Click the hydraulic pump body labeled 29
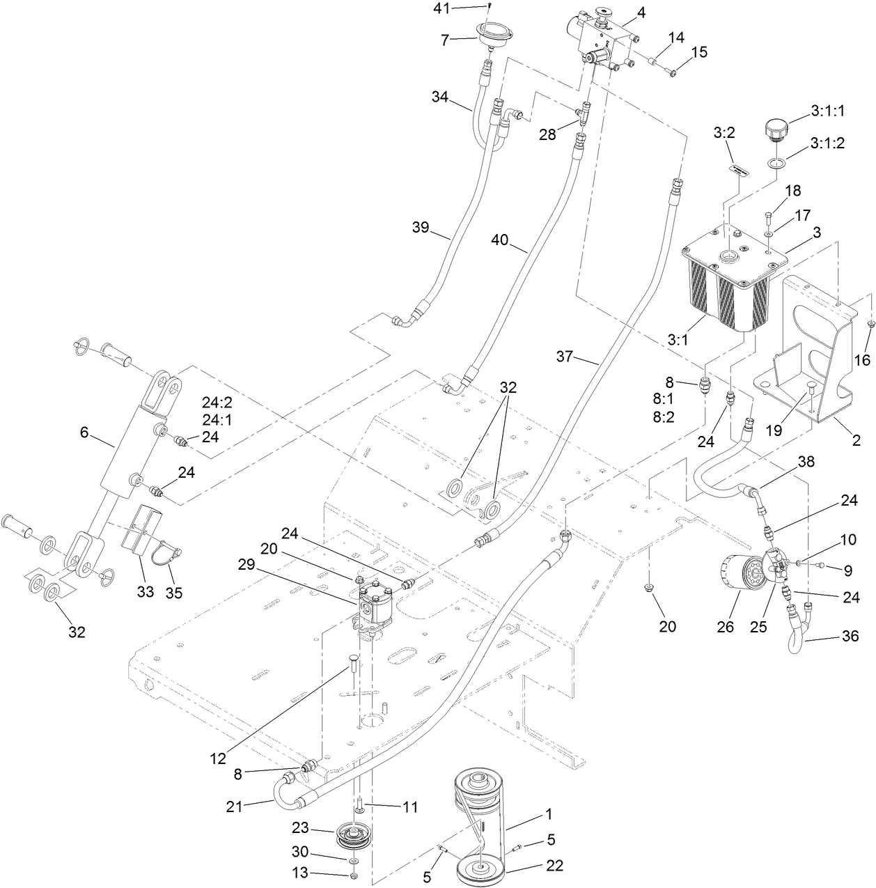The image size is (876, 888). click(377, 603)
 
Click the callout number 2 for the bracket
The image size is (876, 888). click(856, 440)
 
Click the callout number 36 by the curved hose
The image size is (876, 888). click(850, 636)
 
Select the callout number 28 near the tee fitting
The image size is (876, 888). click(548, 134)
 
